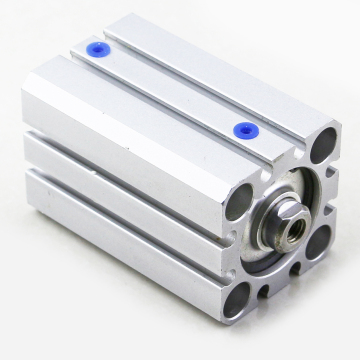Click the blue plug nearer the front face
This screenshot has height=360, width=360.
[243, 128]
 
